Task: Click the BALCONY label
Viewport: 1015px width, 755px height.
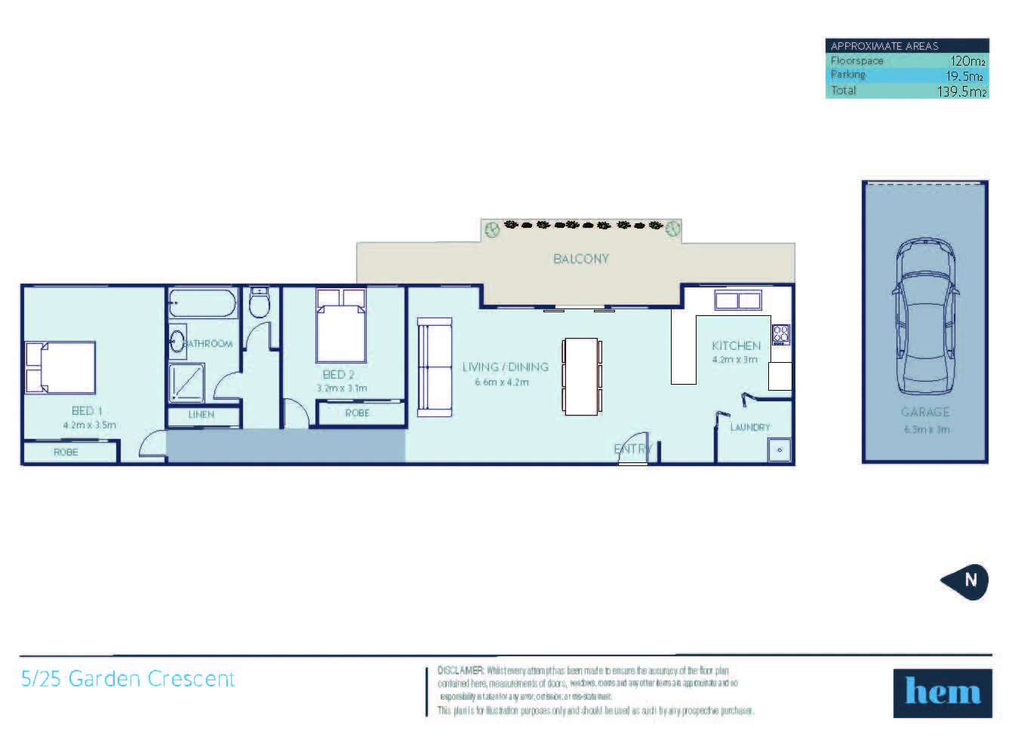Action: coord(580,259)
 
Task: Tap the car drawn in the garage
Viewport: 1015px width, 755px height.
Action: coord(924,317)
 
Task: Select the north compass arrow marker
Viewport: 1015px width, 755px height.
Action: coord(965,580)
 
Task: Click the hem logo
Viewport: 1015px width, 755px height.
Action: coord(943,692)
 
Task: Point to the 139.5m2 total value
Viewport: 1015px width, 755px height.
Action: coord(961,91)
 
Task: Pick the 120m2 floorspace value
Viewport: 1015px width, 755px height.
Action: coord(967,61)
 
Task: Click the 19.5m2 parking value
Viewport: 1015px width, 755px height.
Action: coord(964,76)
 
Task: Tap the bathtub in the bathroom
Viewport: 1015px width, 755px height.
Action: coord(202,303)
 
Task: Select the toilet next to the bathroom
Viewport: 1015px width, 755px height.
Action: coord(260,303)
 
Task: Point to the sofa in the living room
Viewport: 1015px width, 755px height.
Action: coord(435,367)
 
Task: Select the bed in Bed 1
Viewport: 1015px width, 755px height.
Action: coord(61,367)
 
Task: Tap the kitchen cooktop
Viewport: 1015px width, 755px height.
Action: coord(780,334)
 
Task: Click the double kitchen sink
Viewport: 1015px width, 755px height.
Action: coord(737,301)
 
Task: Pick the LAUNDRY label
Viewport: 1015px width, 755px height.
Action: coord(749,427)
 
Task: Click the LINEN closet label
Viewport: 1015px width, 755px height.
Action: coord(201,414)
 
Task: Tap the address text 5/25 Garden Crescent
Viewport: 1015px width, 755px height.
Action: coord(128,679)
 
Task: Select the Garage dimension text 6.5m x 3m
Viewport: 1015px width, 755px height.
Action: coord(926,429)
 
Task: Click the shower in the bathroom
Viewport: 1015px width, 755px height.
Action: coord(186,382)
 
